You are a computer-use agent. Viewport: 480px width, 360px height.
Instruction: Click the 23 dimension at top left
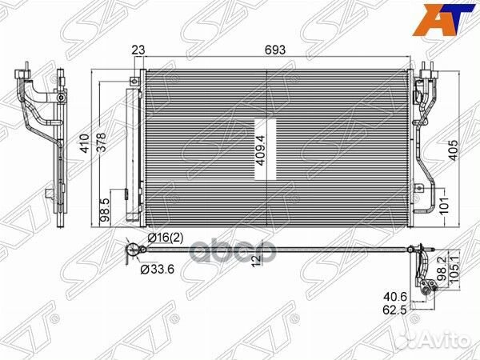(138, 50)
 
